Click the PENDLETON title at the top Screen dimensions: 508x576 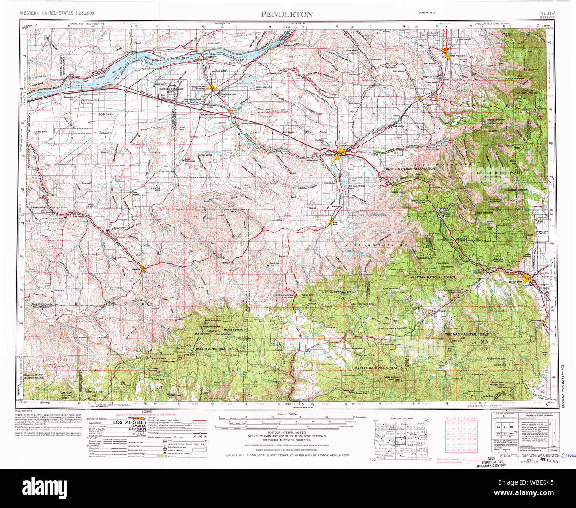(x=287, y=15)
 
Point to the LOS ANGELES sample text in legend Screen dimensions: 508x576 (x=129, y=422)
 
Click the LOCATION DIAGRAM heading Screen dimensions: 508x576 (x=400, y=418)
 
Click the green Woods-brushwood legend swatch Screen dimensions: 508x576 (x=157, y=457)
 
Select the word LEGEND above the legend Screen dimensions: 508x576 (x=146, y=412)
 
